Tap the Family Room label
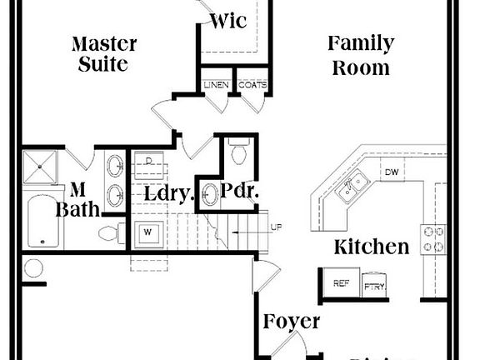tap(360, 55)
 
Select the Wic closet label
tap(227, 21)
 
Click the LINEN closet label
tap(217, 85)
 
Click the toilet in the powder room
tap(238, 153)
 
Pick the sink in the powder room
tap(210, 195)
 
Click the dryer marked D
tap(148, 160)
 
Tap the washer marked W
tap(147, 230)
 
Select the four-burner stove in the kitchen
tap(433, 238)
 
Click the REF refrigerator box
tap(341, 284)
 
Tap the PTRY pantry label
tap(373, 287)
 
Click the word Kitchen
tap(371, 247)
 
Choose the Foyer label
tap(291, 322)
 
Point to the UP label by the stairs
tap(275, 227)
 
